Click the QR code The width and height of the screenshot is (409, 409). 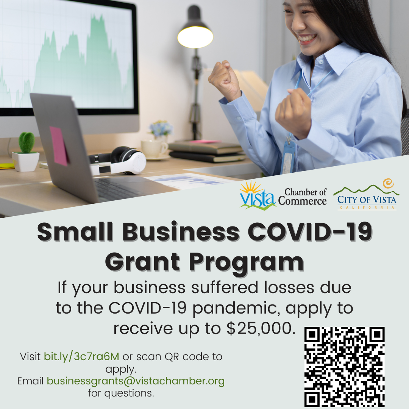tap(344, 367)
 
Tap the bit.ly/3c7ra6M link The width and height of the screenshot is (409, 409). tap(81, 357)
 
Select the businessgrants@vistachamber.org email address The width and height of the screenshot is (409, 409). tap(136, 381)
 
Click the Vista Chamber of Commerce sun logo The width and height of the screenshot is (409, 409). tap(258, 195)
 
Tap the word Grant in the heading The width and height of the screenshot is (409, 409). tap(142, 262)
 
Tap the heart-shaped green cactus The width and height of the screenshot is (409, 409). tap(27, 142)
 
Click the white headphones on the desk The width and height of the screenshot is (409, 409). tap(117, 161)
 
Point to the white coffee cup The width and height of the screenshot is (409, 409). tap(154, 149)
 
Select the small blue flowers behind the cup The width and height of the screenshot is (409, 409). tap(161, 128)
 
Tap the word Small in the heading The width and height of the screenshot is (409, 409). tap(75, 232)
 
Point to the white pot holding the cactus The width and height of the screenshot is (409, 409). tap(26, 162)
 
